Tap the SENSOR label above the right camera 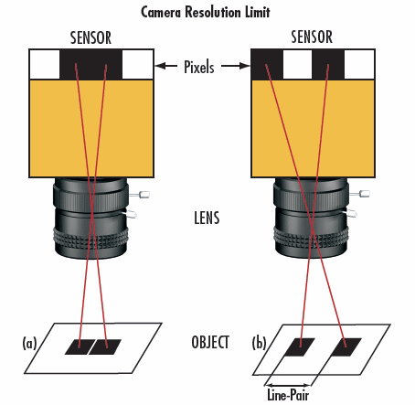[x=311, y=38]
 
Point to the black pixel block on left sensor [x=90, y=65]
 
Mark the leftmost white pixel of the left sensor [x=45, y=65]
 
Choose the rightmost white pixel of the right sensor [x=357, y=65]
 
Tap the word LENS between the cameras [x=209, y=219]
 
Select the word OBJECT [x=209, y=345]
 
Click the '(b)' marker [x=259, y=345]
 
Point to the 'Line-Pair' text [x=289, y=397]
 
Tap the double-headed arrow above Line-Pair [x=289, y=381]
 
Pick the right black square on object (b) [x=348, y=346]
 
